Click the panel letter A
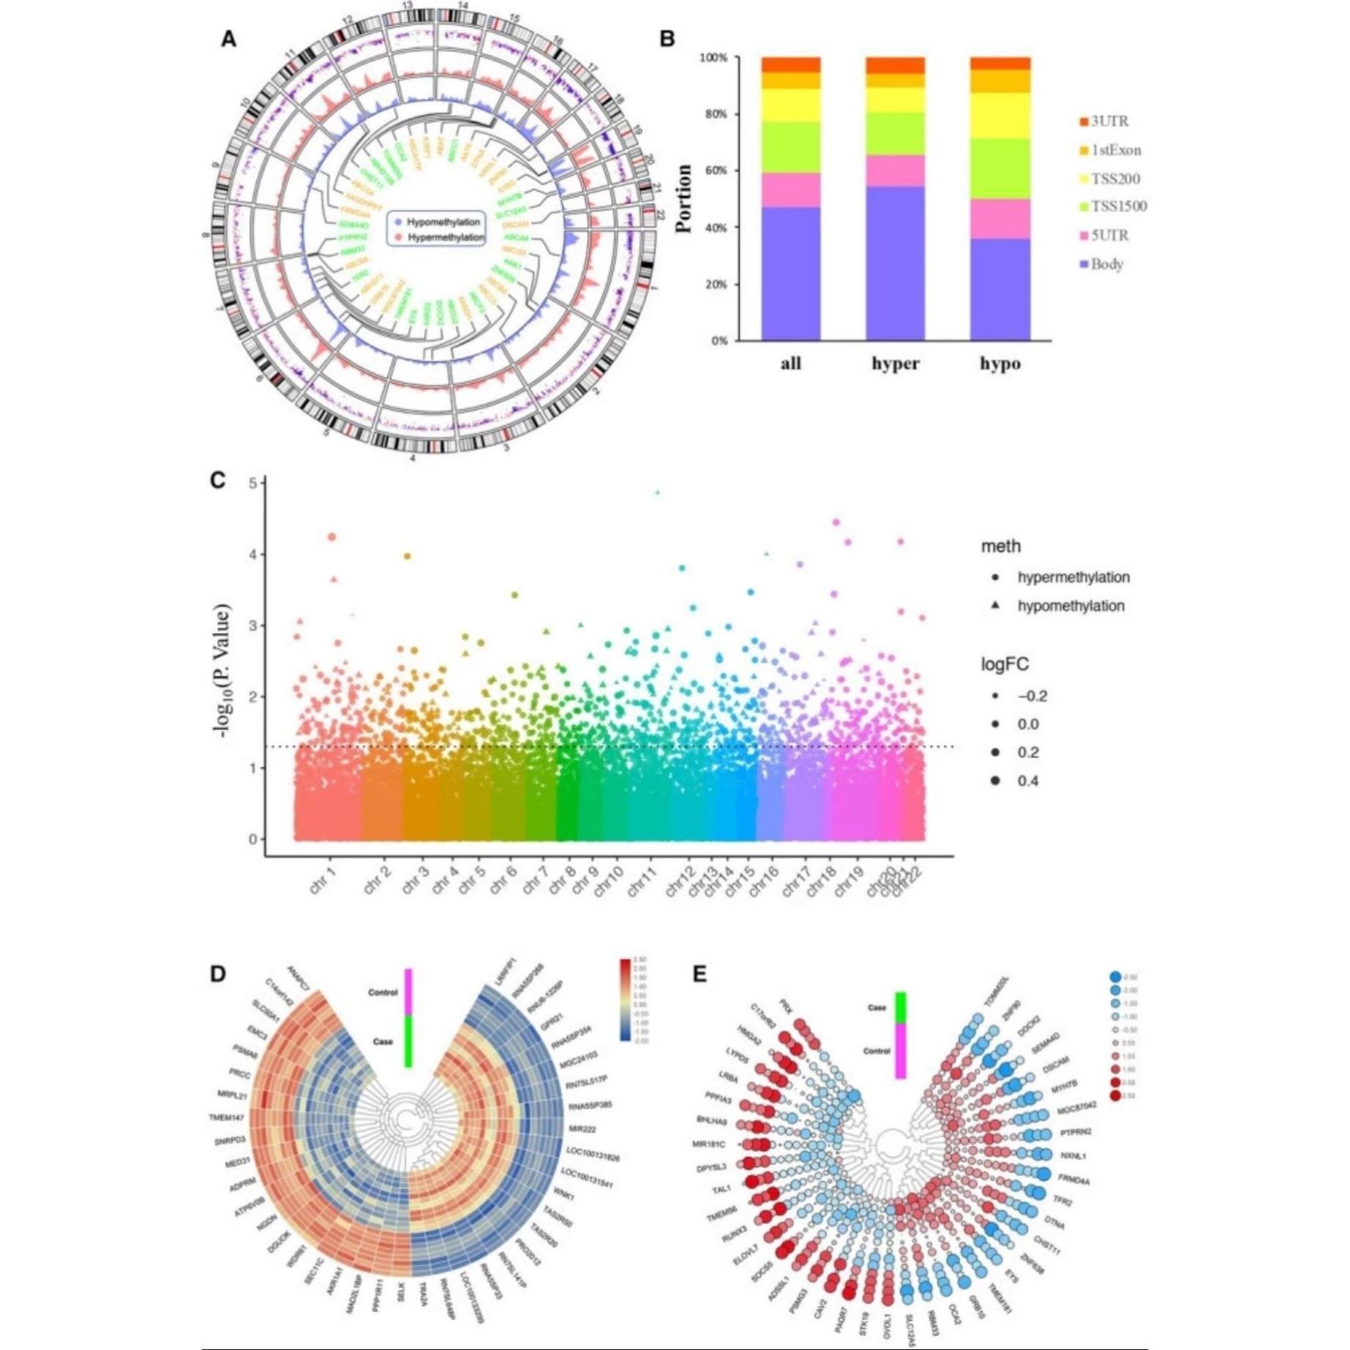click(x=228, y=40)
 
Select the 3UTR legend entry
click(x=1109, y=121)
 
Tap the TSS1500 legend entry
click(x=1118, y=207)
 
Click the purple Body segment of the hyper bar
click(x=895, y=263)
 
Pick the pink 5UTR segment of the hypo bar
click(x=1000, y=219)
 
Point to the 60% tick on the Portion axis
click(x=714, y=170)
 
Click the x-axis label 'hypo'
click(x=1000, y=364)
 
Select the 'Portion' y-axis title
click(x=684, y=198)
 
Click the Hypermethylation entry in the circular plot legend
click(x=445, y=238)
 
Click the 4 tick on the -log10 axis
click(x=252, y=555)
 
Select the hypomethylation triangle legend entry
click(x=1070, y=606)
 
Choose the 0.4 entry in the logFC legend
click(x=1027, y=781)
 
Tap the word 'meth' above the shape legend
click(x=1000, y=547)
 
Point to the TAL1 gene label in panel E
click(x=721, y=1190)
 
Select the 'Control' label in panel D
click(x=383, y=993)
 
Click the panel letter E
click(x=700, y=975)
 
